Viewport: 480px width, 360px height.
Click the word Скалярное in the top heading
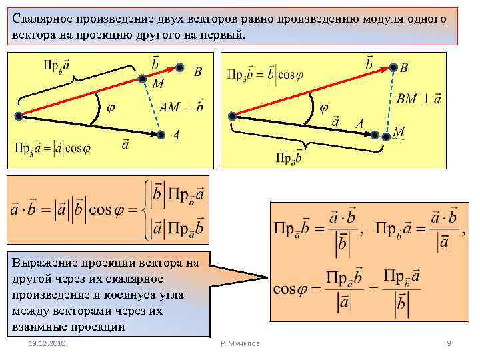pos(40,19)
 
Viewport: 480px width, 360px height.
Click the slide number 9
pos(449,343)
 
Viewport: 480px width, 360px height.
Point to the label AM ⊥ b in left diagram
pos(181,107)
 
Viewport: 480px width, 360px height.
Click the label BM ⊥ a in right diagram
pos(419,99)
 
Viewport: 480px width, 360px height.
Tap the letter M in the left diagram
pos(158,84)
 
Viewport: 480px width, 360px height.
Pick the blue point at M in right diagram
pos(386,135)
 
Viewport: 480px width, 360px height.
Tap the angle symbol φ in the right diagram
pos(324,107)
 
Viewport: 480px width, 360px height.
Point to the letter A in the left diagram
pos(175,135)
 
